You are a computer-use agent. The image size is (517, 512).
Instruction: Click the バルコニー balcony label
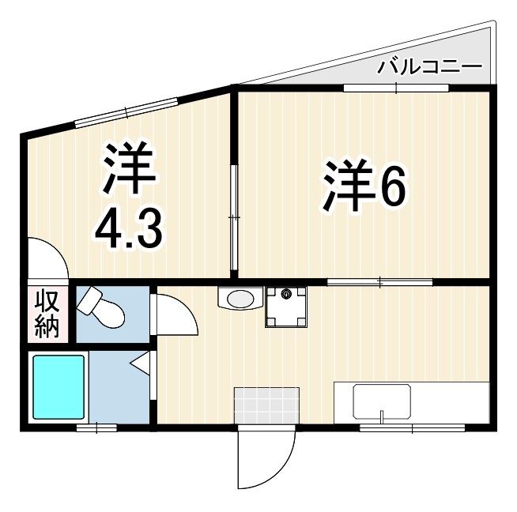pyautogui.click(x=429, y=66)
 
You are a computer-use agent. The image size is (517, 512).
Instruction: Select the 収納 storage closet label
pyautogui.click(x=47, y=314)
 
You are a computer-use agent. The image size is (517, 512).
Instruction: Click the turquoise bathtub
pyautogui.click(x=58, y=386)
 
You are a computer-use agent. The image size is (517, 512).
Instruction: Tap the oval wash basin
pyautogui.click(x=240, y=299)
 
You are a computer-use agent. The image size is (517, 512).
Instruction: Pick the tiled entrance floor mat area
pyautogui.click(x=267, y=405)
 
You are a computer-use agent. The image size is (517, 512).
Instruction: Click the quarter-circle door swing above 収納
pyautogui.click(x=45, y=258)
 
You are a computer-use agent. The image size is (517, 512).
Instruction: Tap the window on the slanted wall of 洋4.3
pyautogui.click(x=126, y=111)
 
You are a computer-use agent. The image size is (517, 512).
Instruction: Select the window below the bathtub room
pyautogui.click(x=96, y=427)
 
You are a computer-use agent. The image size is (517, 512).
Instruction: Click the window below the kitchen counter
pyautogui.click(x=411, y=427)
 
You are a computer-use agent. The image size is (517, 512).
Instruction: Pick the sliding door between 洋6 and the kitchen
pyautogui.click(x=379, y=281)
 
